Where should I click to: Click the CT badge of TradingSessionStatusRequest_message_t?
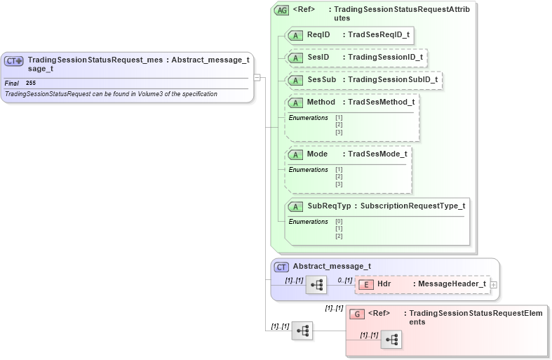coord(14,61)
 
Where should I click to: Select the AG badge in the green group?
coord(282,11)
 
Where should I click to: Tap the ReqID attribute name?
coord(319,34)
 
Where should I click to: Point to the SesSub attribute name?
coord(321,79)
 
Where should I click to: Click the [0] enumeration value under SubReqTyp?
coord(339,222)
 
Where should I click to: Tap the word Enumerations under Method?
coord(308,117)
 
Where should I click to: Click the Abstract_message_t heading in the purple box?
coord(331,267)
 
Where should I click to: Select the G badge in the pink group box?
coord(357,313)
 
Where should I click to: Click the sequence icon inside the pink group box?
coord(391,340)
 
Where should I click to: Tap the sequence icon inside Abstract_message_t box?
coord(316,285)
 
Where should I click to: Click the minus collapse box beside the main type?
coord(257,76)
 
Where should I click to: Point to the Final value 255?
coord(31,83)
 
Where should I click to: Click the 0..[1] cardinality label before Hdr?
coord(344,280)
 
